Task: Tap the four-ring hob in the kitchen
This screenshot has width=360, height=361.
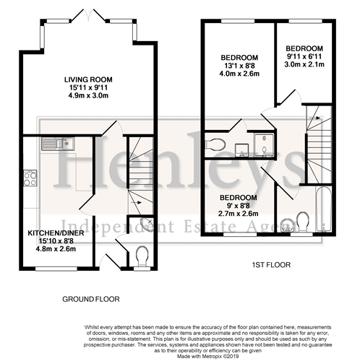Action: [31, 178]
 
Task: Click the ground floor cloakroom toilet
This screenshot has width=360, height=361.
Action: [142, 253]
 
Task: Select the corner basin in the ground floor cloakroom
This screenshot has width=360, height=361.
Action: [146, 224]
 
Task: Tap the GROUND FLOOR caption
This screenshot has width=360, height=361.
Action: [91, 298]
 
